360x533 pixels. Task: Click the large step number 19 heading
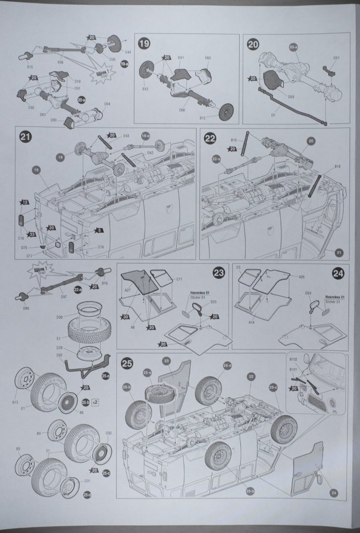tap(144, 44)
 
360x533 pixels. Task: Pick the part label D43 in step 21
tap(126, 136)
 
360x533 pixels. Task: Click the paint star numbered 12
tap(24, 202)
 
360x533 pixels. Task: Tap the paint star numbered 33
tap(32, 234)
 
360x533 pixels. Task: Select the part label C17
tap(30, 256)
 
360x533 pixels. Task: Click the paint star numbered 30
tap(126, 316)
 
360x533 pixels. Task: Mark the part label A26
tap(302, 277)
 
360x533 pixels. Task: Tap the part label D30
tap(59, 317)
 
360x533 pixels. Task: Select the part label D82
tap(59, 355)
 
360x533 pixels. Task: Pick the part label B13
tap(15, 402)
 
